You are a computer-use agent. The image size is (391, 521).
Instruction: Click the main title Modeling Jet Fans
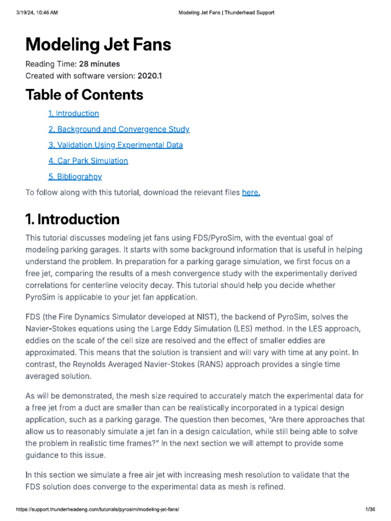(98, 45)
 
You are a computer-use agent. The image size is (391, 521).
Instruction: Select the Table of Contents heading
(85, 95)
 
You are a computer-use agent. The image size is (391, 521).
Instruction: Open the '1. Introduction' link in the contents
(74, 113)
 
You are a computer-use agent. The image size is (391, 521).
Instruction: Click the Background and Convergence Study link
(119, 129)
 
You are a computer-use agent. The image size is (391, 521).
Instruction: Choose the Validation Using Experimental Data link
(116, 145)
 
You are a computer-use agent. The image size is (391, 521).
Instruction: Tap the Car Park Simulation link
(89, 161)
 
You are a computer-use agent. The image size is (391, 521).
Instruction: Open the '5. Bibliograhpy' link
(75, 177)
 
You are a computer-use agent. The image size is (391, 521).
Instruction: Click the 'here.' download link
(251, 192)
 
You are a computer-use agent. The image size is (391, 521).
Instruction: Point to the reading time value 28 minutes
(100, 64)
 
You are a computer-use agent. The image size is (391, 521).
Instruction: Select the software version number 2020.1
(150, 76)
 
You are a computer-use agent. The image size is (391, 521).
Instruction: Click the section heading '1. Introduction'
(72, 219)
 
